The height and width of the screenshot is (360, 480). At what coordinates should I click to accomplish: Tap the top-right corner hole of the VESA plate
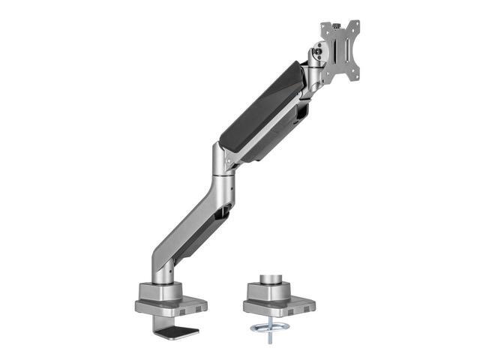coord(355,23)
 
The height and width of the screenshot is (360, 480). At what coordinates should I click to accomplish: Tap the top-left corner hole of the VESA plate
coord(324,26)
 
